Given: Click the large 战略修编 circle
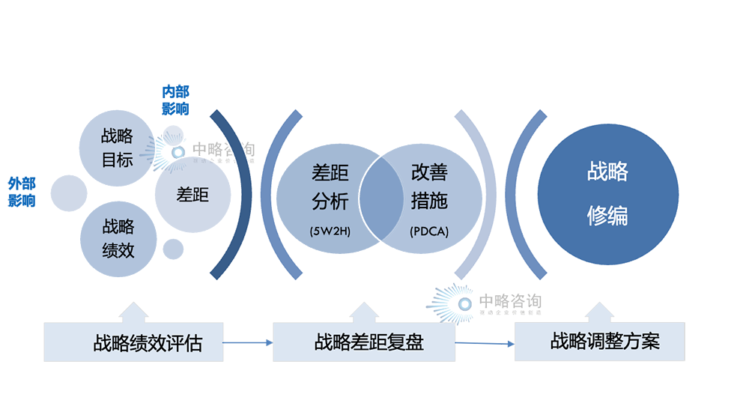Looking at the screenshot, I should click(607, 194).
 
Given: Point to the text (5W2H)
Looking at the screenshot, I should click(330, 231).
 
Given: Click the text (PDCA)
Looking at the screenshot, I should click(429, 231).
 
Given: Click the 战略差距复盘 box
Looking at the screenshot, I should click(365, 343).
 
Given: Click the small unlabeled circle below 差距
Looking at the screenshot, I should click(173, 248).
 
